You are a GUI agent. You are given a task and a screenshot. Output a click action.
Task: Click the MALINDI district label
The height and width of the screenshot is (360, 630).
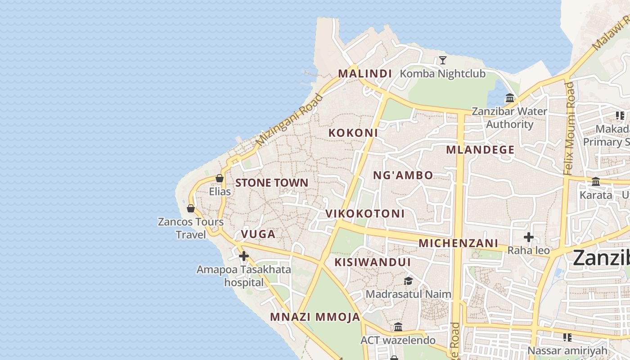[365, 73]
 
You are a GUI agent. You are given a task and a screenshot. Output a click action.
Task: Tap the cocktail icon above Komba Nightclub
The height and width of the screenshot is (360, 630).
[443, 60]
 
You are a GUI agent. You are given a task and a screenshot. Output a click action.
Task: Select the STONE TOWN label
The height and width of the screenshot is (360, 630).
[272, 183]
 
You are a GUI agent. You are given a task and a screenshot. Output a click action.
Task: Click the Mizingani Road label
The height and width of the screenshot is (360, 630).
[289, 120]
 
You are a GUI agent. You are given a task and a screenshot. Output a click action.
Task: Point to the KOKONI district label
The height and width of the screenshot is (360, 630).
[353, 133]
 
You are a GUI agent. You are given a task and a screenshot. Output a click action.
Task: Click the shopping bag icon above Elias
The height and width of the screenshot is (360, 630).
[220, 178]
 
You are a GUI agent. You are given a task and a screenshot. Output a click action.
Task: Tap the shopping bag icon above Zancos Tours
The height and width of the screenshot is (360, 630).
[191, 208]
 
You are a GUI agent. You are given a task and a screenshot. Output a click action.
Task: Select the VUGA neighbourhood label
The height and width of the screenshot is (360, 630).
[258, 234]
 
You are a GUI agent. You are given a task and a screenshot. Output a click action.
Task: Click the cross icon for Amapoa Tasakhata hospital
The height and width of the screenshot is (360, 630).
[244, 256]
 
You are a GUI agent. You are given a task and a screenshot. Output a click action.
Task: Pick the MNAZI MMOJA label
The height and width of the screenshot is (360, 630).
[315, 317]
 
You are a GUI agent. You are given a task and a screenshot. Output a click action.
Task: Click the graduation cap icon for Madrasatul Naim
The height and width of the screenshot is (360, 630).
[408, 281]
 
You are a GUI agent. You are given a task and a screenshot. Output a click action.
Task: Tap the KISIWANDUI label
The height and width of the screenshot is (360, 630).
[373, 262]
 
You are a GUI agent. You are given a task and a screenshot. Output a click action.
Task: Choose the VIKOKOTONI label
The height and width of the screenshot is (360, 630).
[365, 213]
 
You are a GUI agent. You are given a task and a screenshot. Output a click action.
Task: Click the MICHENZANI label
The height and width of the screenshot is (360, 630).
[459, 243]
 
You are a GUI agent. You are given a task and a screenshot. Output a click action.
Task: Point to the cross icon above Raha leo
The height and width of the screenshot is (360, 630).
[529, 237]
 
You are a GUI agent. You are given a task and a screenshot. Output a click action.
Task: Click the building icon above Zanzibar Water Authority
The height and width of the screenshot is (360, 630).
[510, 98]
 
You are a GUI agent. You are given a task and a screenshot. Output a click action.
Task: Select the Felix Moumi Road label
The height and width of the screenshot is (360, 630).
[570, 128]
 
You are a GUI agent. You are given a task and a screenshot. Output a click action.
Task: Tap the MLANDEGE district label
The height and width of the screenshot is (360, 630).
[480, 150]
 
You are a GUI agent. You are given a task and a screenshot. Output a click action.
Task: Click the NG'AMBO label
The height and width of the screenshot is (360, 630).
[403, 175]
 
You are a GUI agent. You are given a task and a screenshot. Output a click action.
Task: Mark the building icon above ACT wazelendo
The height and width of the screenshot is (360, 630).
[398, 327]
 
